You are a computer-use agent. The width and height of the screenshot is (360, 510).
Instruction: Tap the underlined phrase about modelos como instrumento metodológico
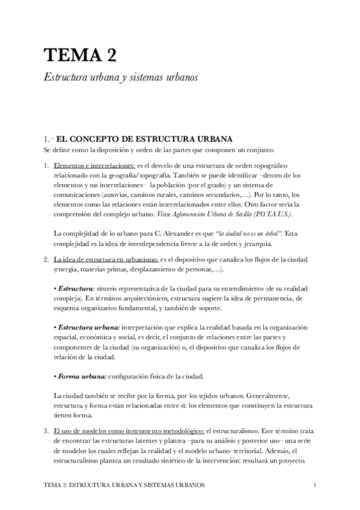(x=128, y=431)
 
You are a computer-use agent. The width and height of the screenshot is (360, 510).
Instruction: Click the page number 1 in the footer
(x=316, y=484)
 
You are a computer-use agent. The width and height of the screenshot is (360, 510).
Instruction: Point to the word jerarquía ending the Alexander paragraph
(x=240, y=244)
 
